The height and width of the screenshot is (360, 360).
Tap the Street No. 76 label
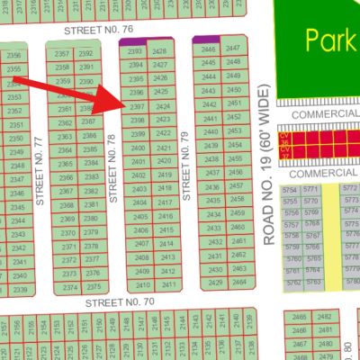pos(99,30)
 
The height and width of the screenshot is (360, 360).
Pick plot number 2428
pos(160,52)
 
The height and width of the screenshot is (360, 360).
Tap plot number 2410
pos(141,284)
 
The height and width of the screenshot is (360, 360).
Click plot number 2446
pos(210,49)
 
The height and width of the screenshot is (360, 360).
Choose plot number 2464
pos(238,282)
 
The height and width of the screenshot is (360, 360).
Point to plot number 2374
pos(69,288)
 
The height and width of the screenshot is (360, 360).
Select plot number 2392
pos(85,54)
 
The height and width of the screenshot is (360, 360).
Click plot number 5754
pos(290,191)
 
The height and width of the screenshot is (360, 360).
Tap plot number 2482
pos(325,318)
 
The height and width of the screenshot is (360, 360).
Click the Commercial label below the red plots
pos(316,171)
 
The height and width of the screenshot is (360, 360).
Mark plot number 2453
pos(234,130)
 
